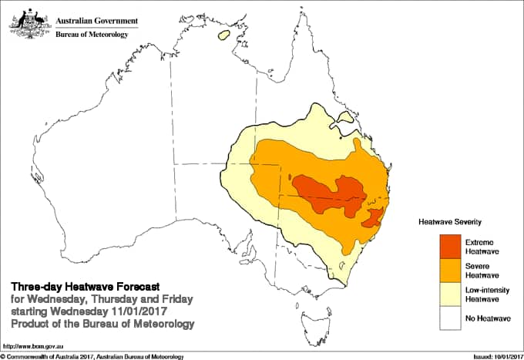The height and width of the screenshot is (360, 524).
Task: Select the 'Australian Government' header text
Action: pos(95,19)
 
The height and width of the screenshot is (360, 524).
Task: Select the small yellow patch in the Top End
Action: pos(225,35)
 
